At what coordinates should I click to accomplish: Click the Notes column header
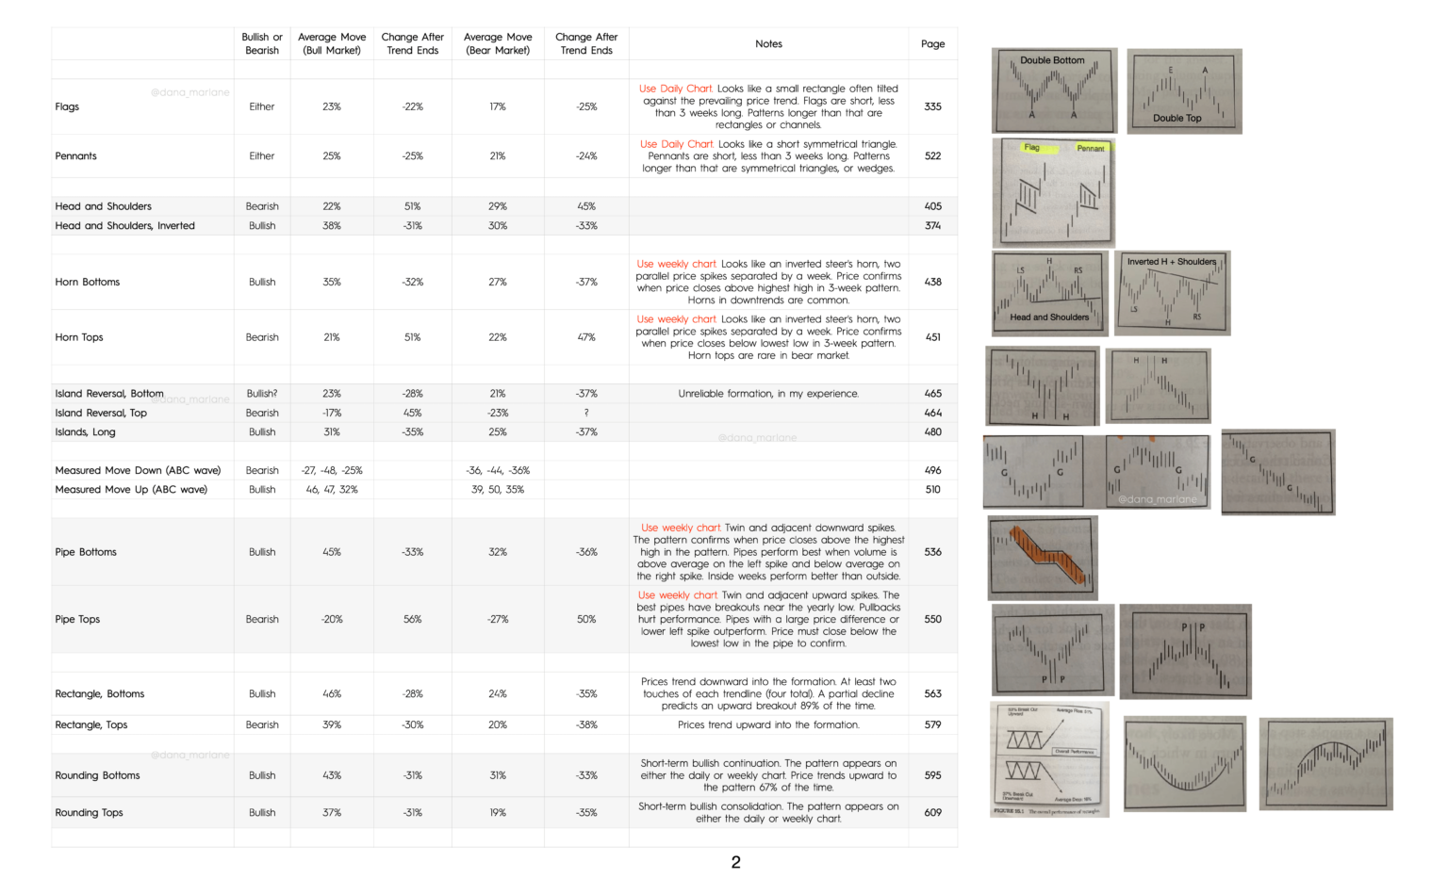(768, 43)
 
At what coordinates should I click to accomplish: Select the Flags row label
(67, 106)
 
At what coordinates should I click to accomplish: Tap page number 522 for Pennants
(932, 156)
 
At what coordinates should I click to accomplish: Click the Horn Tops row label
(79, 337)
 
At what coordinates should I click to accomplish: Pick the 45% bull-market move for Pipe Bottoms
(332, 552)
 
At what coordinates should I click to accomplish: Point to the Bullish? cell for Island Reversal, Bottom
(262, 394)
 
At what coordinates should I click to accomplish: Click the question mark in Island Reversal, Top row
(586, 413)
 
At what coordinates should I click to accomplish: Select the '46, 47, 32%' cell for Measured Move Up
(332, 490)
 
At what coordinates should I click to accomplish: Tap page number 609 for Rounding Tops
(932, 812)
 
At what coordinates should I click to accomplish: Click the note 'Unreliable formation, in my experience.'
(768, 394)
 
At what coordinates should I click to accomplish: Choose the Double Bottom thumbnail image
(1054, 90)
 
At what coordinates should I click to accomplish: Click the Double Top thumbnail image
(1184, 91)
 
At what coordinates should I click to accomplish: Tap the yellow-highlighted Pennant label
(1090, 148)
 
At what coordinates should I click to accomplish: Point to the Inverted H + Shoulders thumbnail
(1172, 292)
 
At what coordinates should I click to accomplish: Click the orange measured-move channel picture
(1043, 558)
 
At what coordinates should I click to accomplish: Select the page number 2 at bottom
(735, 862)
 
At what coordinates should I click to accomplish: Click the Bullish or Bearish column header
(262, 43)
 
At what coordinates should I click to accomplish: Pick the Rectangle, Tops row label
(90, 725)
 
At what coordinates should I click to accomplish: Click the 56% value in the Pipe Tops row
(412, 620)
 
